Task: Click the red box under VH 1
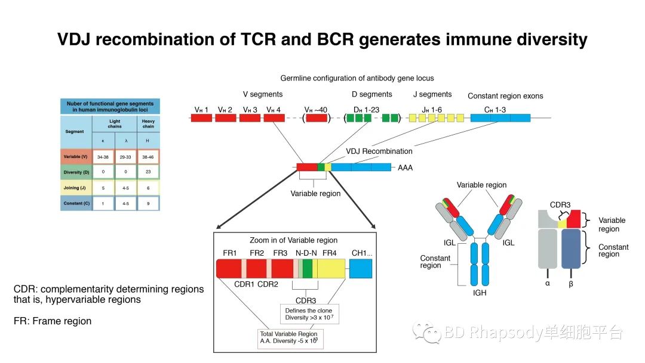201,118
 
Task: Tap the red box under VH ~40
317,118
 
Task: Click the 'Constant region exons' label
505,95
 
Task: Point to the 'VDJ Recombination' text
379,151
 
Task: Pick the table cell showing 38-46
148,157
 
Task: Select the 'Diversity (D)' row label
76,172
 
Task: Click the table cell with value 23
148,172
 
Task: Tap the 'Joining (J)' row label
76,188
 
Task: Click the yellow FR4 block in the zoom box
330,270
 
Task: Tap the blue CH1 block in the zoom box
360,270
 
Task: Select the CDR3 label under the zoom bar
305,300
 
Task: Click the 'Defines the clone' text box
309,314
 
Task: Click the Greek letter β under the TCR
570,284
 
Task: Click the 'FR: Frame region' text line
53,321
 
